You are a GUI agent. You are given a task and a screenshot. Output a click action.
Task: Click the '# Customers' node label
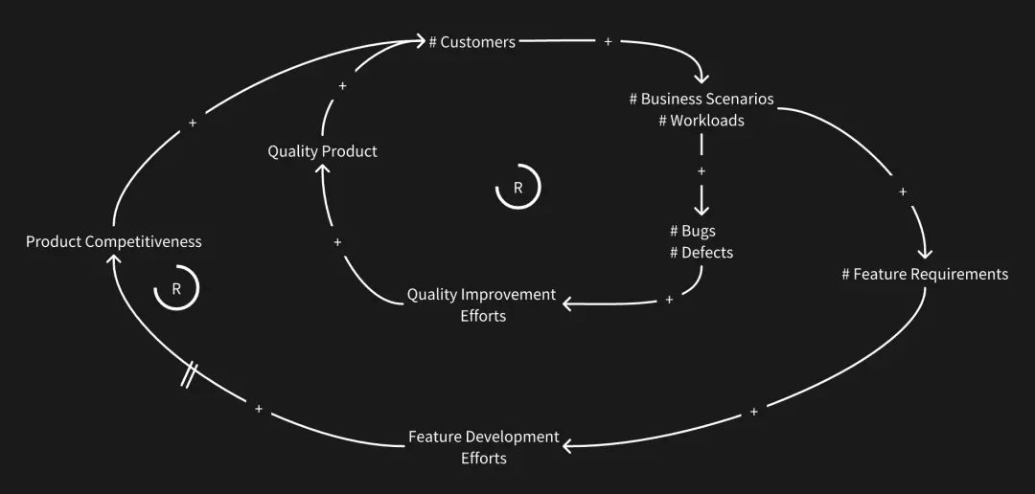[471, 42]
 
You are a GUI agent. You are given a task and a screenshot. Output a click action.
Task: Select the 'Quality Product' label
[322, 151]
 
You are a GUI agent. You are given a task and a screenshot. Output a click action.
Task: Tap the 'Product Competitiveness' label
[113, 241]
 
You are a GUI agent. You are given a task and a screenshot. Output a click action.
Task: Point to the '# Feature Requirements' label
[925, 275]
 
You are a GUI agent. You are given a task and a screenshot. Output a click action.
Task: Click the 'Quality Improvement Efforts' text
[481, 304]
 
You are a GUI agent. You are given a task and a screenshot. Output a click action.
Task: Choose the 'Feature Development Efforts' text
[484, 447]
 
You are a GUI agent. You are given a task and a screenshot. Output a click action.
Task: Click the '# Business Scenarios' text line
[701, 99]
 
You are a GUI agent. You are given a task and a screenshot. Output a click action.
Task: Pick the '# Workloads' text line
[701, 121]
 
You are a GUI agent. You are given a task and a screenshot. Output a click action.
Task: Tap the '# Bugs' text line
[692, 231]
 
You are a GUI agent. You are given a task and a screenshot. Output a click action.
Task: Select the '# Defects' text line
[701, 253]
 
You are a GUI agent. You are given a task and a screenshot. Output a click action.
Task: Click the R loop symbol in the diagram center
[517, 188]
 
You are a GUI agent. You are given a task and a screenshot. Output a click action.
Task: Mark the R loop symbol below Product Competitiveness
[176, 288]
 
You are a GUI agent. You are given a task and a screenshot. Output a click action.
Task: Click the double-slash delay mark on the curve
[190, 374]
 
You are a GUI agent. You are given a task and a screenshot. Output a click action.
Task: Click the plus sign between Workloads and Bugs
[701, 171]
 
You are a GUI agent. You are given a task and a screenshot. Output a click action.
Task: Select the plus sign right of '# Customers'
[609, 42]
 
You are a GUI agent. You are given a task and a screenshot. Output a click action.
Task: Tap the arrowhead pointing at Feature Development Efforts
[569, 446]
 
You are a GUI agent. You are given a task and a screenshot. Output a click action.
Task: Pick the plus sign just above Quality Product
[343, 86]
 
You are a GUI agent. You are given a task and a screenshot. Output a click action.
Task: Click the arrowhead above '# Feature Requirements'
[925, 253]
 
